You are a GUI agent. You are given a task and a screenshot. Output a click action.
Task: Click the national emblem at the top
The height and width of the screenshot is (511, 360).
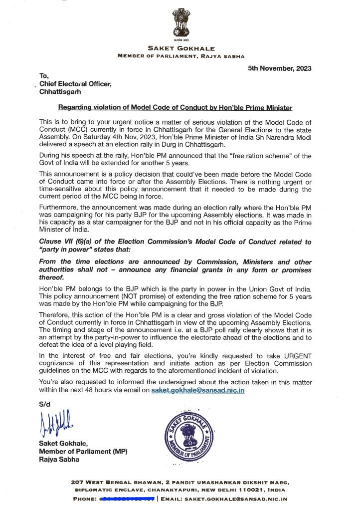pyautogui.click(x=180, y=22)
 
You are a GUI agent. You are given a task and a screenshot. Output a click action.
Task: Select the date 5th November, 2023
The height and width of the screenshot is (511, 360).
pyautogui.click(x=280, y=68)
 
